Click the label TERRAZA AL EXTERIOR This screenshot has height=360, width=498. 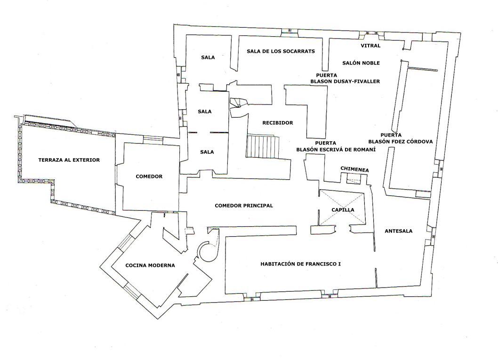click(69, 160)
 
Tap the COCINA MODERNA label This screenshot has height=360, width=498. click(150, 265)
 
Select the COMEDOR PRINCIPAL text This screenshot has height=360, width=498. click(243, 206)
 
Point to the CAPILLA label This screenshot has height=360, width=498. click(342, 210)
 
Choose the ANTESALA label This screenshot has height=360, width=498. click(398, 231)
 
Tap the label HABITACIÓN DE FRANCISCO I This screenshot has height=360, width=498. click(300, 264)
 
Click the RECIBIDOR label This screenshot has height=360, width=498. click(277, 123)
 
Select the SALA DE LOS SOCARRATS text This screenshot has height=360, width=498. click(281, 51)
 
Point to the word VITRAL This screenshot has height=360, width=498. click(370, 46)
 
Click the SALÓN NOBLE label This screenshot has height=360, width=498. click(361, 63)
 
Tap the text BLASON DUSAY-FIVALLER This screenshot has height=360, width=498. click(345, 81)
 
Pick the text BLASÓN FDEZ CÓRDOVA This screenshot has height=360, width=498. click(400, 141)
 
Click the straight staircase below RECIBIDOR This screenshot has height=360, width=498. click(262, 146)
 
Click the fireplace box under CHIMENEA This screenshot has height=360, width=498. click(353, 178)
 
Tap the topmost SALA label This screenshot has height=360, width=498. click(208, 57)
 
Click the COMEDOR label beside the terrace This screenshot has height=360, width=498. click(149, 176)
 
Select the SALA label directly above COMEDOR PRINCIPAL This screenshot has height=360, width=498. click(206, 152)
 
